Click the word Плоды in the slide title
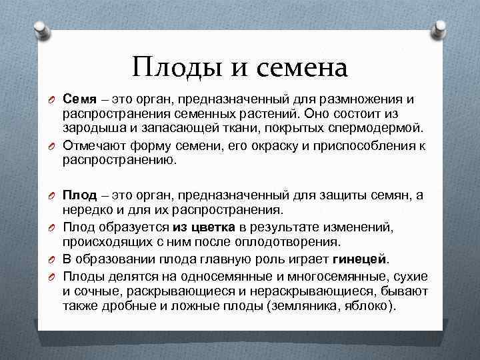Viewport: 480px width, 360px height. [x=170, y=68]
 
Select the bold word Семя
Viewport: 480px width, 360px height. [x=81, y=99]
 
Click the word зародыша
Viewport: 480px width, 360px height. [x=91, y=127]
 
